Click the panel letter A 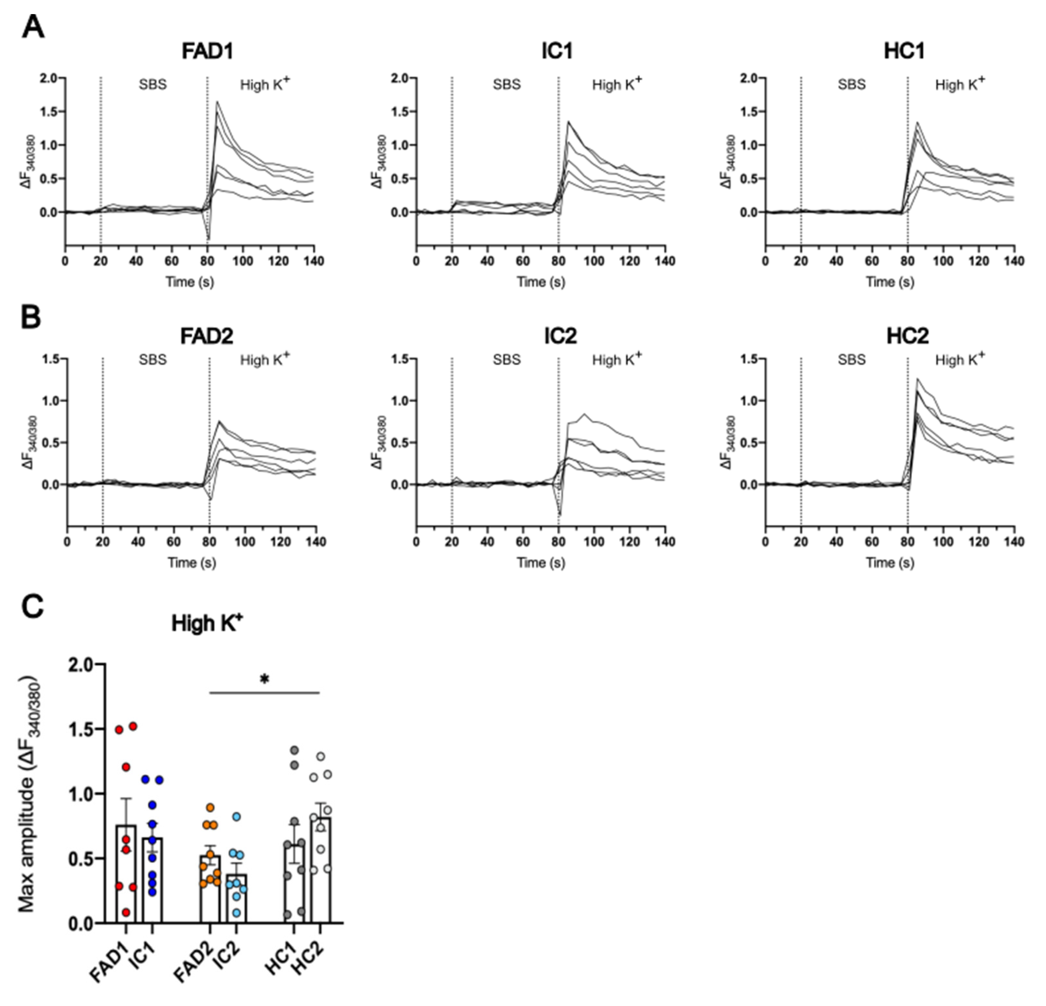(x=33, y=27)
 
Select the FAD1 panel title (x=208, y=51)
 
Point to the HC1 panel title (x=904, y=51)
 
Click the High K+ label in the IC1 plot (x=617, y=84)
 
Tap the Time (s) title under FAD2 (x=192, y=562)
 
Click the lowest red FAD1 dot (x=126, y=912)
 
